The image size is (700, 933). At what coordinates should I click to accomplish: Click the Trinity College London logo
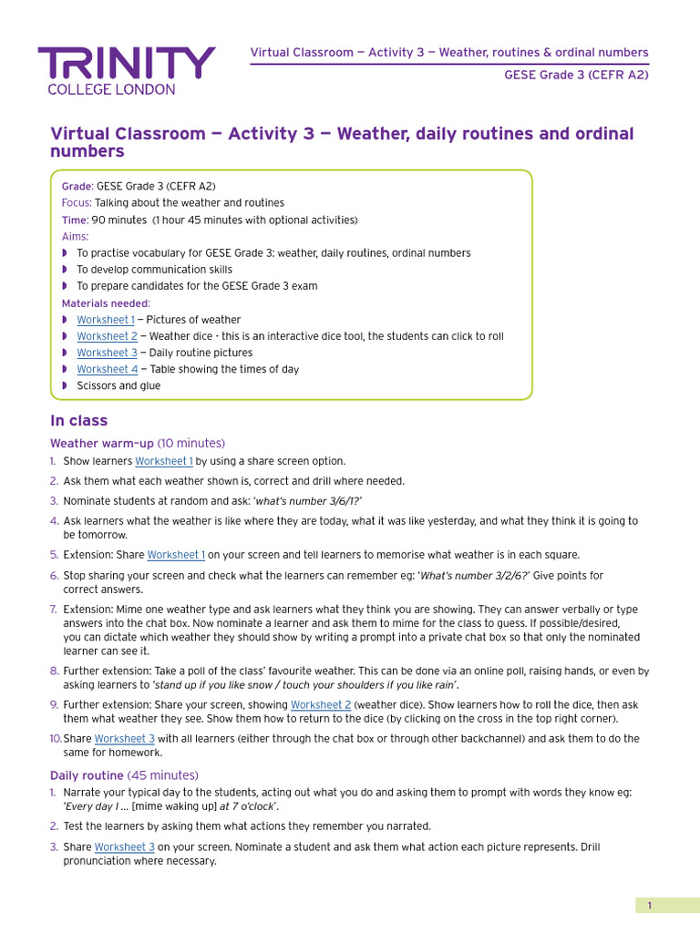tap(127, 70)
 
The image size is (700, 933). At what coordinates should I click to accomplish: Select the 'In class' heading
tap(78, 421)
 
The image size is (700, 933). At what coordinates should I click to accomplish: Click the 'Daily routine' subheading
tap(87, 775)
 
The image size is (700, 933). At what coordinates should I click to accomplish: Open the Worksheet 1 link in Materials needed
tap(105, 320)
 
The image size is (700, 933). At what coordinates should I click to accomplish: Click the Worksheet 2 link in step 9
tap(321, 705)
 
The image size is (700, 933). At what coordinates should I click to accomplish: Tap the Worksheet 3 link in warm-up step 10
tap(124, 739)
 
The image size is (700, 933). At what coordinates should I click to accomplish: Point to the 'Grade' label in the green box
tap(77, 187)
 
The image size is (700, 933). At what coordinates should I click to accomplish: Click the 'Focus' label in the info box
tap(76, 203)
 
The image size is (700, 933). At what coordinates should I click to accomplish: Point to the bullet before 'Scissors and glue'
tap(65, 385)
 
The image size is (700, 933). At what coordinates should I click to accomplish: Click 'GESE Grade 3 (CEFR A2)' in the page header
tap(576, 75)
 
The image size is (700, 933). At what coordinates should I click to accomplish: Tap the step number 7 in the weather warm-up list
tap(55, 610)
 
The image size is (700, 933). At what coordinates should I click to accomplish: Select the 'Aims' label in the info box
tap(75, 236)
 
